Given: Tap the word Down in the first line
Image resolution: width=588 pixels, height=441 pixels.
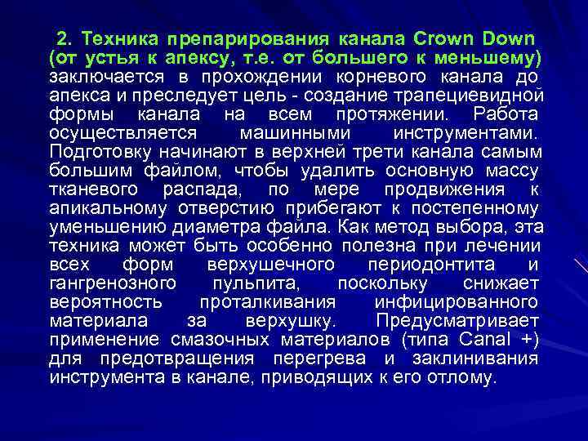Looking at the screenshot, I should click(510, 38).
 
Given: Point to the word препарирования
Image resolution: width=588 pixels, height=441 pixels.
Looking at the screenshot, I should click(247, 38).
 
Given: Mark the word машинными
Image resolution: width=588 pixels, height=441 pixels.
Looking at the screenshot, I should click(296, 133).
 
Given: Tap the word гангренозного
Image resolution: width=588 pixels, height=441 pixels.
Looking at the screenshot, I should click(113, 283).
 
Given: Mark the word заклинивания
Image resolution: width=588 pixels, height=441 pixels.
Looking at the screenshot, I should click(479, 359).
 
